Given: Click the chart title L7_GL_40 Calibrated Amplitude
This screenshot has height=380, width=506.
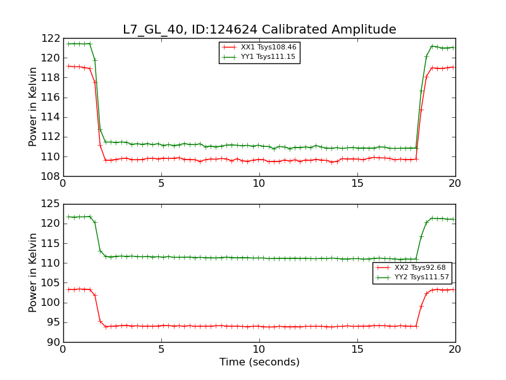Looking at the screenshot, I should (x=259, y=29).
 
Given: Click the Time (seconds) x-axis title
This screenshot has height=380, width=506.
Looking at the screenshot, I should (x=259, y=362).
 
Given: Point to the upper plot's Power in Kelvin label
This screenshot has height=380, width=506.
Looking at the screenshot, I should (x=33, y=106).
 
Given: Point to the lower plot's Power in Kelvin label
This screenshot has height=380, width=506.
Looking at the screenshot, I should (x=33, y=272).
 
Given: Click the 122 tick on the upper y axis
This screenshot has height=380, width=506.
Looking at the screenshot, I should (x=51, y=38).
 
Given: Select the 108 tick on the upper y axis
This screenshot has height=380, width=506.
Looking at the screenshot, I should (x=51, y=176).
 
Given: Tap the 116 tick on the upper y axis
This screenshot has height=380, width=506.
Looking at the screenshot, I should (x=51, y=97).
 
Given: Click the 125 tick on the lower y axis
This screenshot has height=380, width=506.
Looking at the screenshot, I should (x=51, y=204).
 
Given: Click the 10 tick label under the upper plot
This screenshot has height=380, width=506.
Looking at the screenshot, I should (x=259, y=184).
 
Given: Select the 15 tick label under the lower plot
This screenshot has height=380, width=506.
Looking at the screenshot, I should (x=357, y=350).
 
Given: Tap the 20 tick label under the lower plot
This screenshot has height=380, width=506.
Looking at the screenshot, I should (x=455, y=350).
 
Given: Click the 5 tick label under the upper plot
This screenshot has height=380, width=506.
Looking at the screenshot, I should (x=161, y=184).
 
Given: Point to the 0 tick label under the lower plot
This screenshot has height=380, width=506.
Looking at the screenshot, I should (x=63, y=350).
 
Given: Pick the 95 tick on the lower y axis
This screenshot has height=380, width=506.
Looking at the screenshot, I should (x=53, y=322).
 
